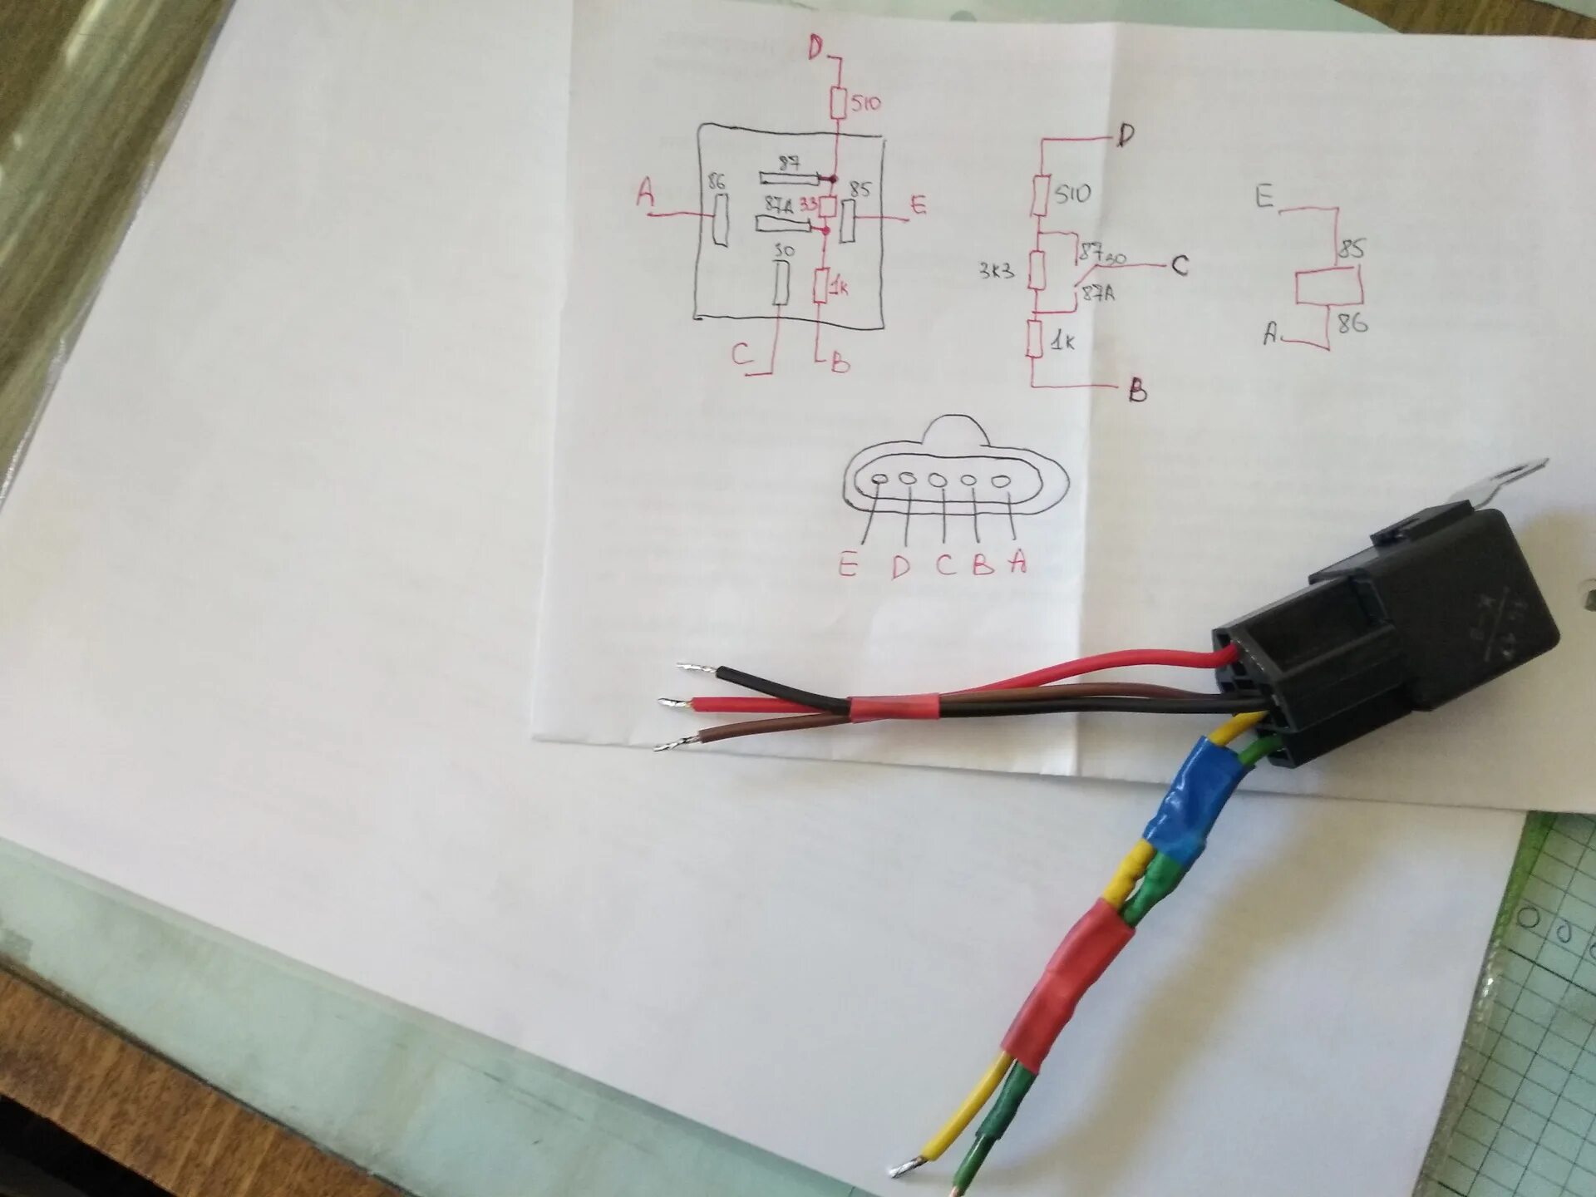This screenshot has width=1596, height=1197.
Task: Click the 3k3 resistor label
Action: pyautogui.click(x=996, y=272)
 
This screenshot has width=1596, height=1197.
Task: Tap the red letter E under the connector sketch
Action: pyautogui.click(x=848, y=565)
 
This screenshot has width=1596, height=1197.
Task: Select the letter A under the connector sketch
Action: pyautogui.click(x=1018, y=563)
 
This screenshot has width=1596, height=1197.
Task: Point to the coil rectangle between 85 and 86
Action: pyautogui.click(x=1328, y=288)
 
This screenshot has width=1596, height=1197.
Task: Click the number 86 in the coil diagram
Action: pyautogui.click(x=1352, y=323)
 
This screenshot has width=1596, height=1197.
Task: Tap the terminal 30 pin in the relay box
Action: pyautogui.click(x=782, y=284)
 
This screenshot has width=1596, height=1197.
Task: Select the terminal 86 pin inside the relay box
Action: pyautogui.click(x=720, y=219)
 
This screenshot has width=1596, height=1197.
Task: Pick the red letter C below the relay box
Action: pyautogui.click(x=742, y=356)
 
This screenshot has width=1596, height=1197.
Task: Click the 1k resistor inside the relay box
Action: pyautogui.click(x=820, y=287)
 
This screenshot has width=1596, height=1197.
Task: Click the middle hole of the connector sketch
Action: pyautogui.click(x=938, y=480)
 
